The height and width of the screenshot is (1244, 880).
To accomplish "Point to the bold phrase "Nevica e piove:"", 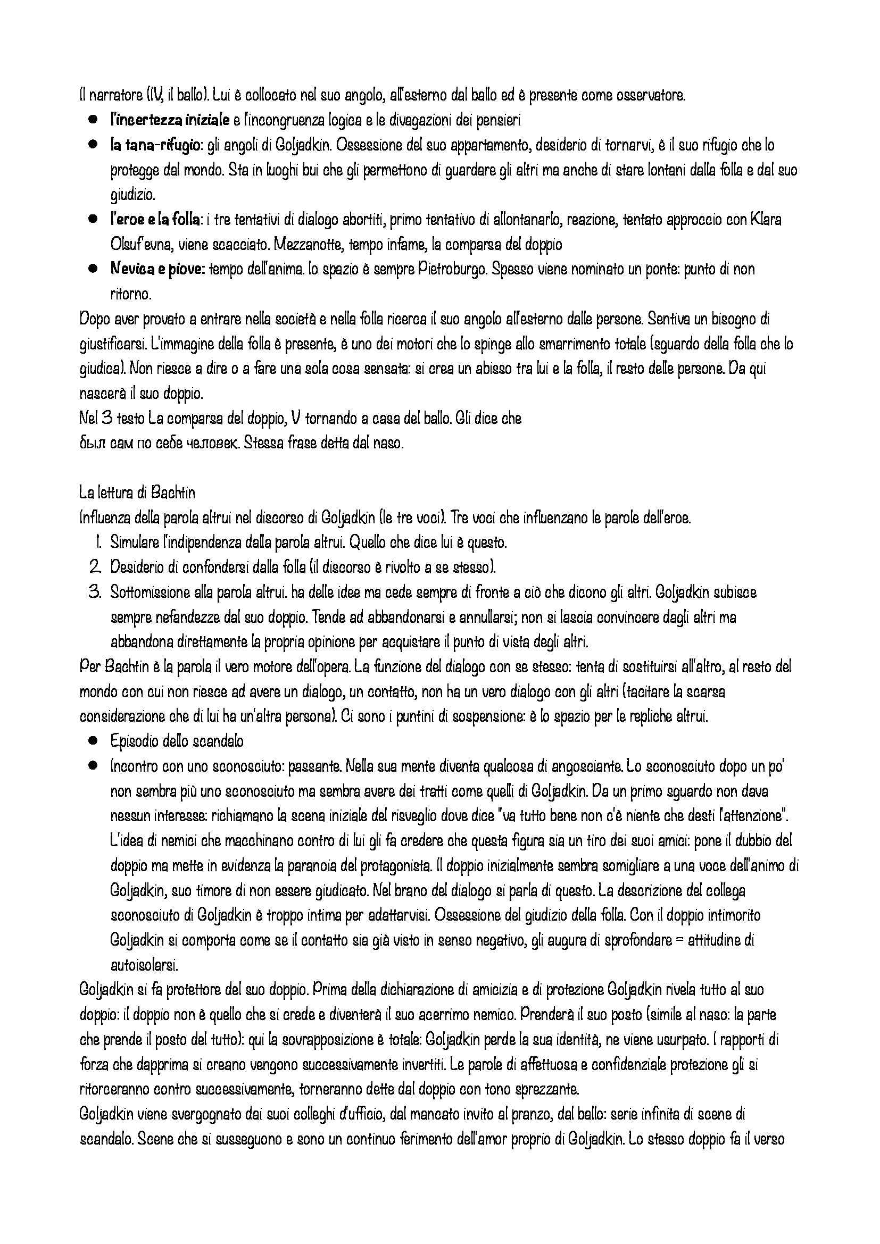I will tap(157, 269).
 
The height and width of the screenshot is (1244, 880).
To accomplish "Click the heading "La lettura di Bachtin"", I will tap(137, 493).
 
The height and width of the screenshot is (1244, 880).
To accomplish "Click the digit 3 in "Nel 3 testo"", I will tap(105, 418).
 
